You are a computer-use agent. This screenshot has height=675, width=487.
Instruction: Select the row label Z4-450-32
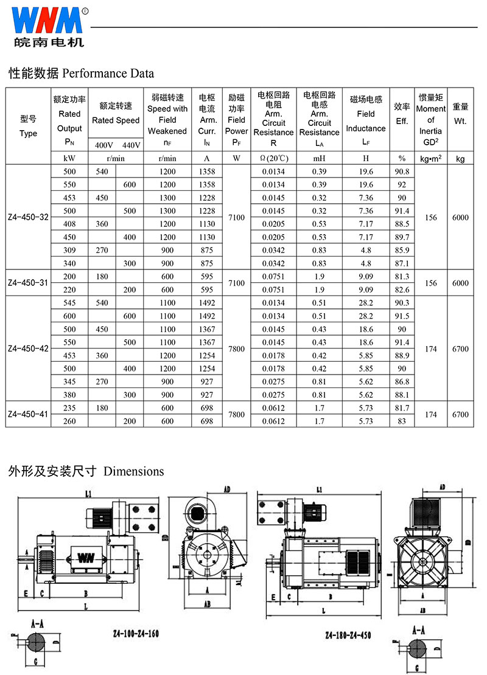pos(29,218)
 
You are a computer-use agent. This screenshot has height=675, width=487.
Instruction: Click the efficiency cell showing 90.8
pos(402,171)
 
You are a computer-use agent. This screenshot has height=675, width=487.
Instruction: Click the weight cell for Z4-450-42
pos(460,349)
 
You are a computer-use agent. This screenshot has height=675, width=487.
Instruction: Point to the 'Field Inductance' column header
pos(366,121)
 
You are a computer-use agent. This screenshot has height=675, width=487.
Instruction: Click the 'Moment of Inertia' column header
pos(430,120)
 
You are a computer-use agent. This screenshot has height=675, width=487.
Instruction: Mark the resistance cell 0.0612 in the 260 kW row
pos(274,421)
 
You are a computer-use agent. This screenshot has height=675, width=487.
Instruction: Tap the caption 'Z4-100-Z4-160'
pos(136,633)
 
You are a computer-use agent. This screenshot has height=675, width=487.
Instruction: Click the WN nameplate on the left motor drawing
pos(84,556)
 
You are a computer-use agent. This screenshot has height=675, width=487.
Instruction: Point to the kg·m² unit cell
pos(430,159)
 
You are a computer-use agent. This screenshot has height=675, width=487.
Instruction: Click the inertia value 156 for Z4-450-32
pos(430,218)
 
